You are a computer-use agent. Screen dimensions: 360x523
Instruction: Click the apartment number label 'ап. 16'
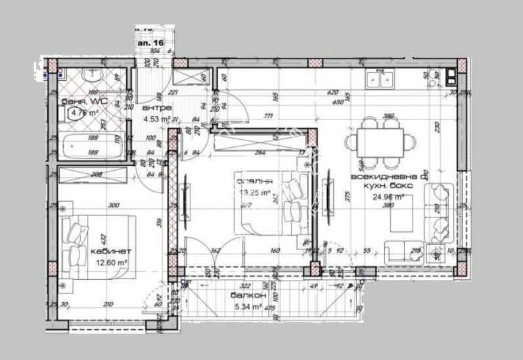pyautogui.click(x=150, y=41)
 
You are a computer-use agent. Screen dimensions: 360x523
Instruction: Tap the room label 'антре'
pyautogui.click(x=158, y=108)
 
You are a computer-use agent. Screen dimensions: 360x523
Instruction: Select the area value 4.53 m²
pyautogui.click(x=157, y=119)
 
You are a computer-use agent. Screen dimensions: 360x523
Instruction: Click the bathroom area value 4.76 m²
pyautogui.click(x=84, y=112)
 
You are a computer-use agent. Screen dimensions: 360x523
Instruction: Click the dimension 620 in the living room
pyautogui.click(x=334, y=93)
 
